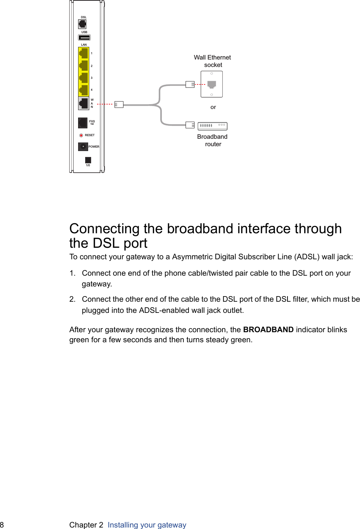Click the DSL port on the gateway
click(82, 24)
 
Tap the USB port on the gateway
click(84, 38)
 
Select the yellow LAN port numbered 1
click(84, 54)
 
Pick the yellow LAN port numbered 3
click(84, 78)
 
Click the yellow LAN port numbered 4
click(84, 90)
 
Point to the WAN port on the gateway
click(84, 103)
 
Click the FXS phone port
click(83, 122)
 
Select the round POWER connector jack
click(83, 147)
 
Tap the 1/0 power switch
click(88, 160)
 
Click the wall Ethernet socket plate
click(212, 84)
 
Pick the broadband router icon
click(212, 126)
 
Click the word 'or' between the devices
click(213, 107)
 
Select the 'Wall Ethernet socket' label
click(212, 61)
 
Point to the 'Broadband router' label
click(212, 140)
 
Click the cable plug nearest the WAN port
click(119, 105)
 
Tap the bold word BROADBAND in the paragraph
click(268, 330)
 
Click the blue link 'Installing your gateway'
click(147, 525)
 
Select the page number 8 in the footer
click(2, 525)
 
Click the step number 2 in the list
click(72, 299)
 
